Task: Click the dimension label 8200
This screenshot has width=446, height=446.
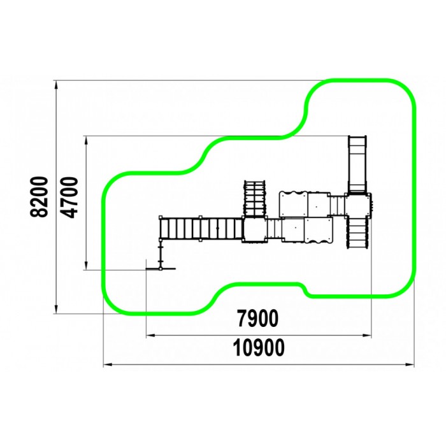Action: click(39, 197)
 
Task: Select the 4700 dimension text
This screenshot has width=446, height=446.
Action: click(69, 197)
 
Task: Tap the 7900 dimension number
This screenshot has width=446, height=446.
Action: click(258, 319)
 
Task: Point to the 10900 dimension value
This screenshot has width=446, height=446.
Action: click(259, 348)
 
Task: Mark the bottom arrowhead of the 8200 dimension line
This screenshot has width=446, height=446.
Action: click(57, 310)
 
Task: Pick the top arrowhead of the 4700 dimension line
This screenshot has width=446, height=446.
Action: click(85, 140)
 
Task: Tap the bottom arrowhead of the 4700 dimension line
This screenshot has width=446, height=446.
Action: click(85, 266)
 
